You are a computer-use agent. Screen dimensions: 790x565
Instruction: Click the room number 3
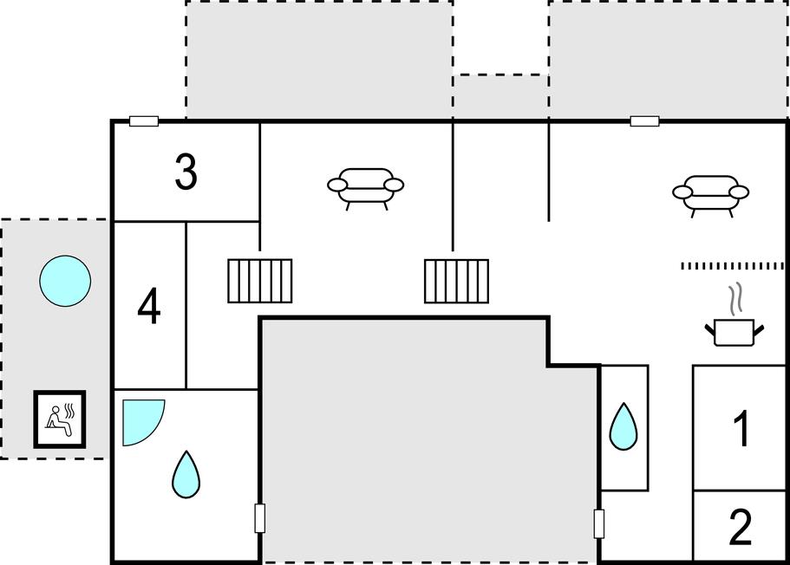186,172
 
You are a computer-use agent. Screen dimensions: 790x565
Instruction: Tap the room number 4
148,306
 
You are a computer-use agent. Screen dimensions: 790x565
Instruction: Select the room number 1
742,429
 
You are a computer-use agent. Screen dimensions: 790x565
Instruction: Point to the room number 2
740,527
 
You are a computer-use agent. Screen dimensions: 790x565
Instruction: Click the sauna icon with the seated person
60,419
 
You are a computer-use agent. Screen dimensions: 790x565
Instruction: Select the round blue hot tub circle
66,281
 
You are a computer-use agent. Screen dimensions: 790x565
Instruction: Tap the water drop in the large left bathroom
186,474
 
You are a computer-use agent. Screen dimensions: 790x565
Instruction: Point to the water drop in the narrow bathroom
624,426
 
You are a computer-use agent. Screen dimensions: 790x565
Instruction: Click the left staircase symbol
260,281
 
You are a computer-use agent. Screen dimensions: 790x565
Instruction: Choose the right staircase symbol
456,281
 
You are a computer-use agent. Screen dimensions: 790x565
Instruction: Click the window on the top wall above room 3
144,120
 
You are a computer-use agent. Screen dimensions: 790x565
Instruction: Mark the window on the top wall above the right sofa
645,120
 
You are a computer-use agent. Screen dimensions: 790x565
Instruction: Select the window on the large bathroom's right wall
260,518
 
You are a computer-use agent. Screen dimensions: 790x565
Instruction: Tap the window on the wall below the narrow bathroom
599,523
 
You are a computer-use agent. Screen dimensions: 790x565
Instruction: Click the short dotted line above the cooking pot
733,266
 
